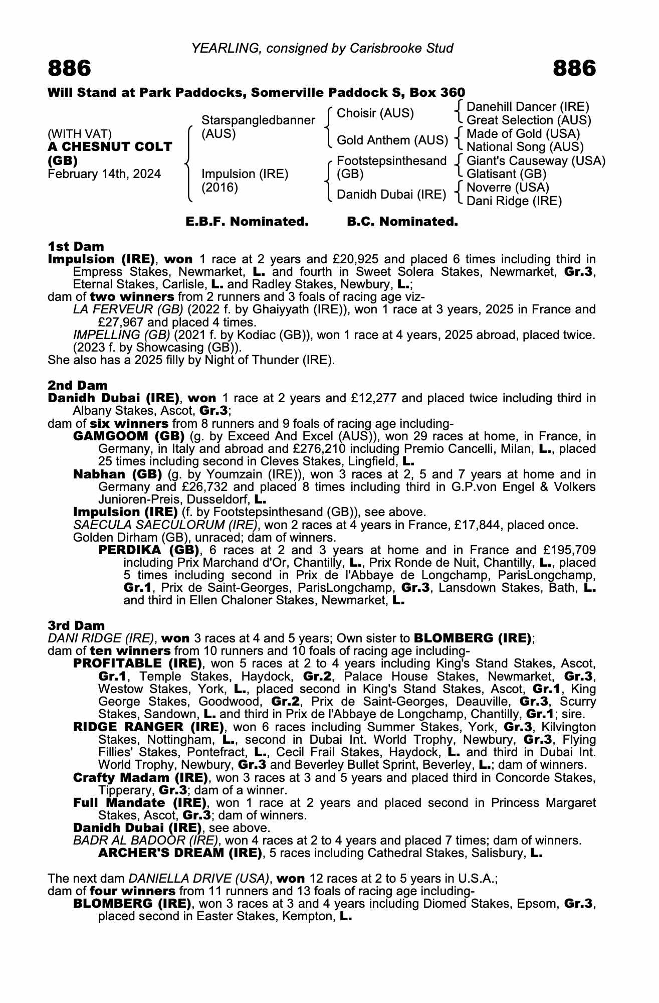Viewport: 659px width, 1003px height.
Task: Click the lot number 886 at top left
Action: tap(70, 69)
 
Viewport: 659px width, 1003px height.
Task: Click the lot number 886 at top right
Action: tap(574, 69)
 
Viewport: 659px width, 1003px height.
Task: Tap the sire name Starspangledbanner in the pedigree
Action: tap(258, 120)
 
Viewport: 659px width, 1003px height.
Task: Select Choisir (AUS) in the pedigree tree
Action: tap(375, 113)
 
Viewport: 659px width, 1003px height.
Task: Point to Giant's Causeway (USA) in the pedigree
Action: tap(536, 161)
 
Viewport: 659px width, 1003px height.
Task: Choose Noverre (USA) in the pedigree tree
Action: tap(508, 188)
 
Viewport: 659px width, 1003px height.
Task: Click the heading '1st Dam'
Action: tap(76, 246)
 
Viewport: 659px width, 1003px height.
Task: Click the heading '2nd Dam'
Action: tap(78, 385)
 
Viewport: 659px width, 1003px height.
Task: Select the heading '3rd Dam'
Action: tap(77, 625)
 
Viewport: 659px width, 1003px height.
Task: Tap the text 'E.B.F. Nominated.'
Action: tap(247, 221)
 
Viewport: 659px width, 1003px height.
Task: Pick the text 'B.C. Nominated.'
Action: tap(402, 221)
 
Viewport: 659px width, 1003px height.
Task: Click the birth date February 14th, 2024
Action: tap(104, 174)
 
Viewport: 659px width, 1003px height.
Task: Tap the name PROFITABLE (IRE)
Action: tap(137, 663)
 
